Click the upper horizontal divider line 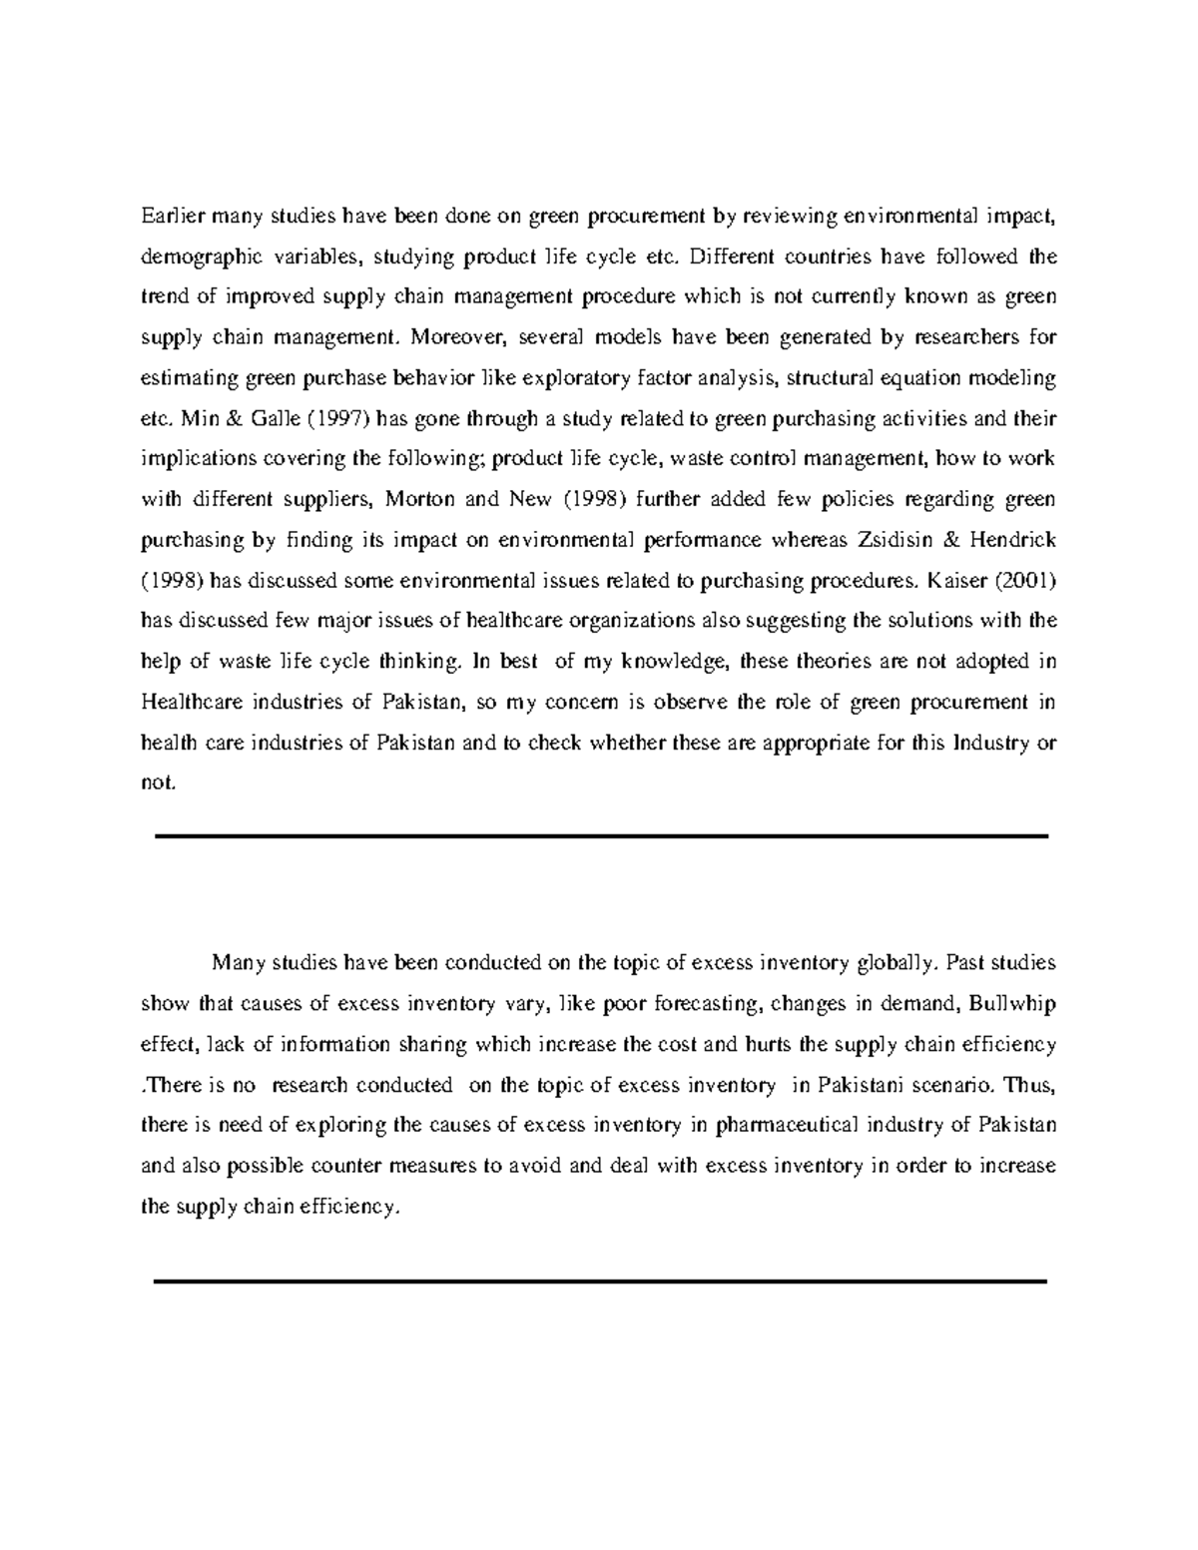pos(602,836)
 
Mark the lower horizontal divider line pos(601,1281)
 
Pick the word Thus pos(1030,1085)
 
